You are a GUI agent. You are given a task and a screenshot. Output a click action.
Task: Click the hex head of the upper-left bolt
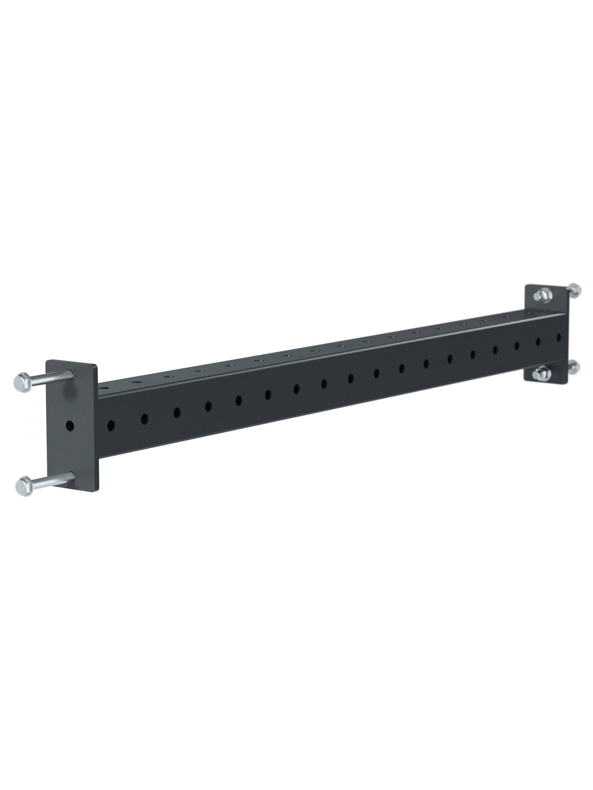click(22, 383)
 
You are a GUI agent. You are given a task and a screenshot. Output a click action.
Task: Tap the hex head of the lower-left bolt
click(24, 486)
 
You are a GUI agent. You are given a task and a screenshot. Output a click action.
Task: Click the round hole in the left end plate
click(70, 425)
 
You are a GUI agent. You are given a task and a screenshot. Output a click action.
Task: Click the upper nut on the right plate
click(543, 295)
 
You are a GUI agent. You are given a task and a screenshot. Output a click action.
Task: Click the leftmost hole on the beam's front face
click(111, 425)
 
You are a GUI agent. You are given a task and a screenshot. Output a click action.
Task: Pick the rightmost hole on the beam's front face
click(559, 337)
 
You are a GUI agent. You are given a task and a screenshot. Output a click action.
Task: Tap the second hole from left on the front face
click(144, 419)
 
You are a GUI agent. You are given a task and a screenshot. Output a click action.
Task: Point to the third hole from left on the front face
click(177, 413)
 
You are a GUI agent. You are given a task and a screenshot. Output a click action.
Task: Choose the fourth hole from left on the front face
click(209, 406)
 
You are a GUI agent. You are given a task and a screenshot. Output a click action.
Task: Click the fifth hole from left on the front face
click(239, 400)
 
